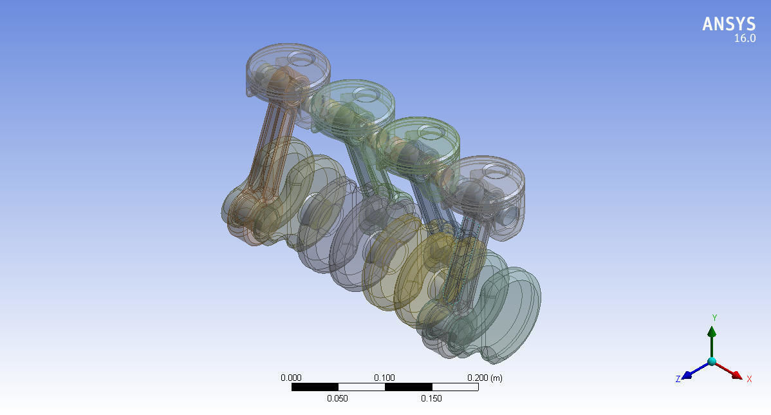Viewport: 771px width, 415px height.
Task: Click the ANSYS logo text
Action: (729, 24)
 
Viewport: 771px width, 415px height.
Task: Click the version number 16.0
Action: (745, 39)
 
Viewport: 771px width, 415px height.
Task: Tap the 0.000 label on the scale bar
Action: (291, 378)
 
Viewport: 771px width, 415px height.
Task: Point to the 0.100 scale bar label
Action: (384, 378)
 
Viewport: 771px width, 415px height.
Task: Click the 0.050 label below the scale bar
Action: (337, 398)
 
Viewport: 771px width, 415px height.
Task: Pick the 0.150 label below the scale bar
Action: (431, 398)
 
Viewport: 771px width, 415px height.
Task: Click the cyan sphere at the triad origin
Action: (712, 362)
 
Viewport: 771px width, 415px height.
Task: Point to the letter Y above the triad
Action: (714, 318)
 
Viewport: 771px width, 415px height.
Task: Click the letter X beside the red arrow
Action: (749, 379)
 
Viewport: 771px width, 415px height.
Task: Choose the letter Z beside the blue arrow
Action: (678, 379)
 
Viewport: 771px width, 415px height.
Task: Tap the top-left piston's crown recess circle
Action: (299, 58)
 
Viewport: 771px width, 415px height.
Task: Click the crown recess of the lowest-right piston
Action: (496, 171)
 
